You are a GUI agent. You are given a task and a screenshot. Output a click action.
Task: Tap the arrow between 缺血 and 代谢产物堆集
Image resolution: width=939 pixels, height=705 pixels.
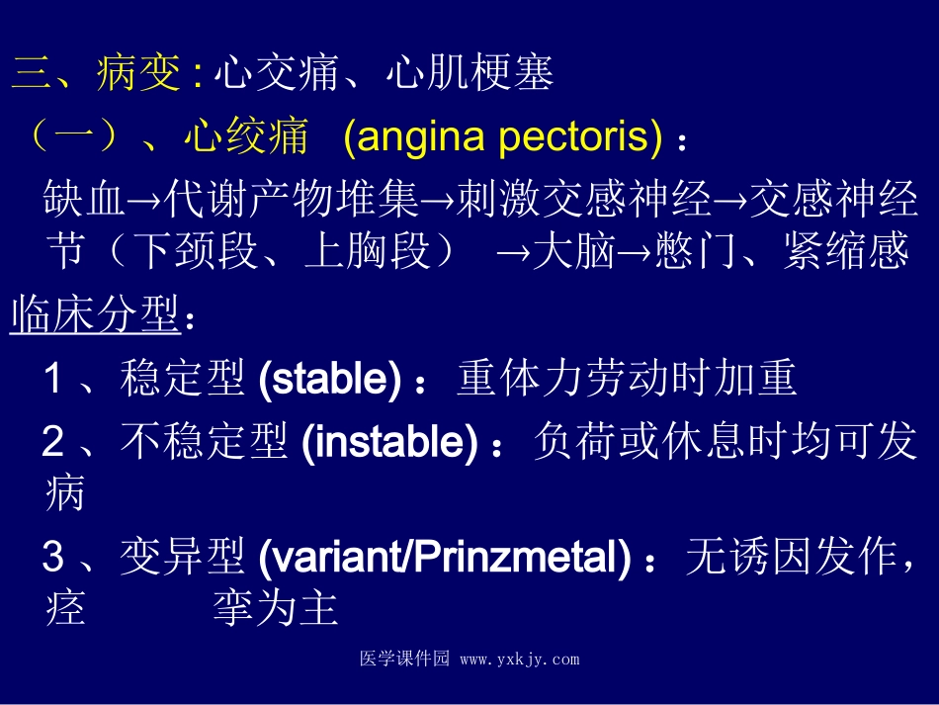(x=144, y=203)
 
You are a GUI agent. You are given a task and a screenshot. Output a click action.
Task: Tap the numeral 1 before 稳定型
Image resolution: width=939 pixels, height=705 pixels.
(x=53, y=379)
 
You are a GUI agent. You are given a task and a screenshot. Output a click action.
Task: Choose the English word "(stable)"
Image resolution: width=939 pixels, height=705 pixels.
(x=329, y=379)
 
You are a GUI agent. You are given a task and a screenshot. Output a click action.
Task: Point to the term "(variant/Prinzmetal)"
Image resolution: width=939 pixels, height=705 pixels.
(x=444, y=560)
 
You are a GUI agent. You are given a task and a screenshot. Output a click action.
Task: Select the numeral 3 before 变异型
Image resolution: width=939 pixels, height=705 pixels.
(x=53, y=560)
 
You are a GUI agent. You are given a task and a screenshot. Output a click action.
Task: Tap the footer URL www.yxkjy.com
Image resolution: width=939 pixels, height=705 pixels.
(x=520, y=660)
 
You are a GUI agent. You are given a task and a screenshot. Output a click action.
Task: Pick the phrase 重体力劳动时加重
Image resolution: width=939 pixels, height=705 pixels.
(x=627, y=379)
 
